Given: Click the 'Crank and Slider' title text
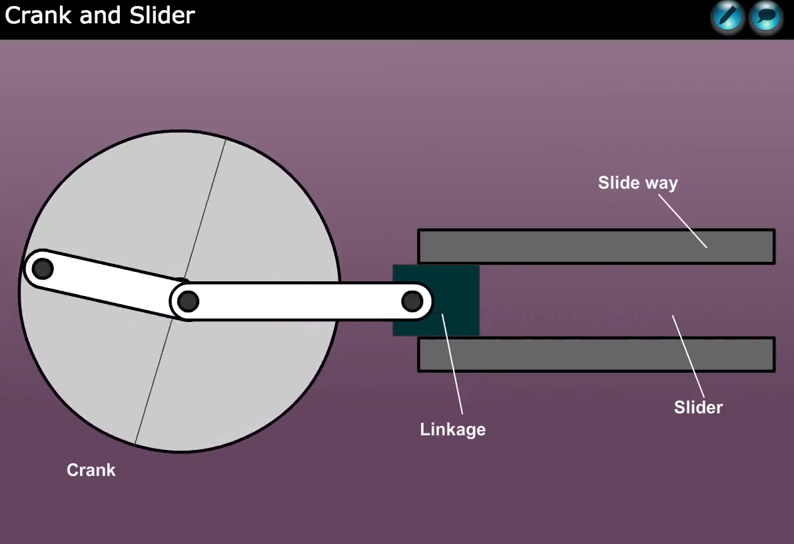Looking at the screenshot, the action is tap(100, 15).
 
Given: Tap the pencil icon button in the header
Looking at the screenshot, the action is tap(727, 17).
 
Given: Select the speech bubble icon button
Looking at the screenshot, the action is tap(765, 17).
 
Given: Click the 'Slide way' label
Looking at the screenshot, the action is tap(637, 183).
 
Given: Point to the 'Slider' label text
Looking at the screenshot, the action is tap(698, 407).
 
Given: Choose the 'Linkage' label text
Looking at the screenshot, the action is tap(453, 429).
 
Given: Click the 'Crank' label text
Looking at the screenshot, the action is tap(91, 470).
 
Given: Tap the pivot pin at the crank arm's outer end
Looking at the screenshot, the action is tap(43, 269).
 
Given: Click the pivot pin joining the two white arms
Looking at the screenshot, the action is tap(189, 301).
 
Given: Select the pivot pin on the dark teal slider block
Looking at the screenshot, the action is tap(412, 301).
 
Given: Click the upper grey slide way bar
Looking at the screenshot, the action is tap(597, 247).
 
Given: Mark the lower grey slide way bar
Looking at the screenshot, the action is tap(597, 355).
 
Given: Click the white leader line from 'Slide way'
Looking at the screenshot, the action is tap(683, 221).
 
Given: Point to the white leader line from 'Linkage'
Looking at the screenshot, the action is tap(452, 364).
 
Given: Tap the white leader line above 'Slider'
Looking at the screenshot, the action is tap(688, 357).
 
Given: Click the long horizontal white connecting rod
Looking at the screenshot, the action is tap(301, 301).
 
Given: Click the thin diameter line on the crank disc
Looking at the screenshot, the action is tap(181, 291).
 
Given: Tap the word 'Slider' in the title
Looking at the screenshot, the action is tap(162, 15).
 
